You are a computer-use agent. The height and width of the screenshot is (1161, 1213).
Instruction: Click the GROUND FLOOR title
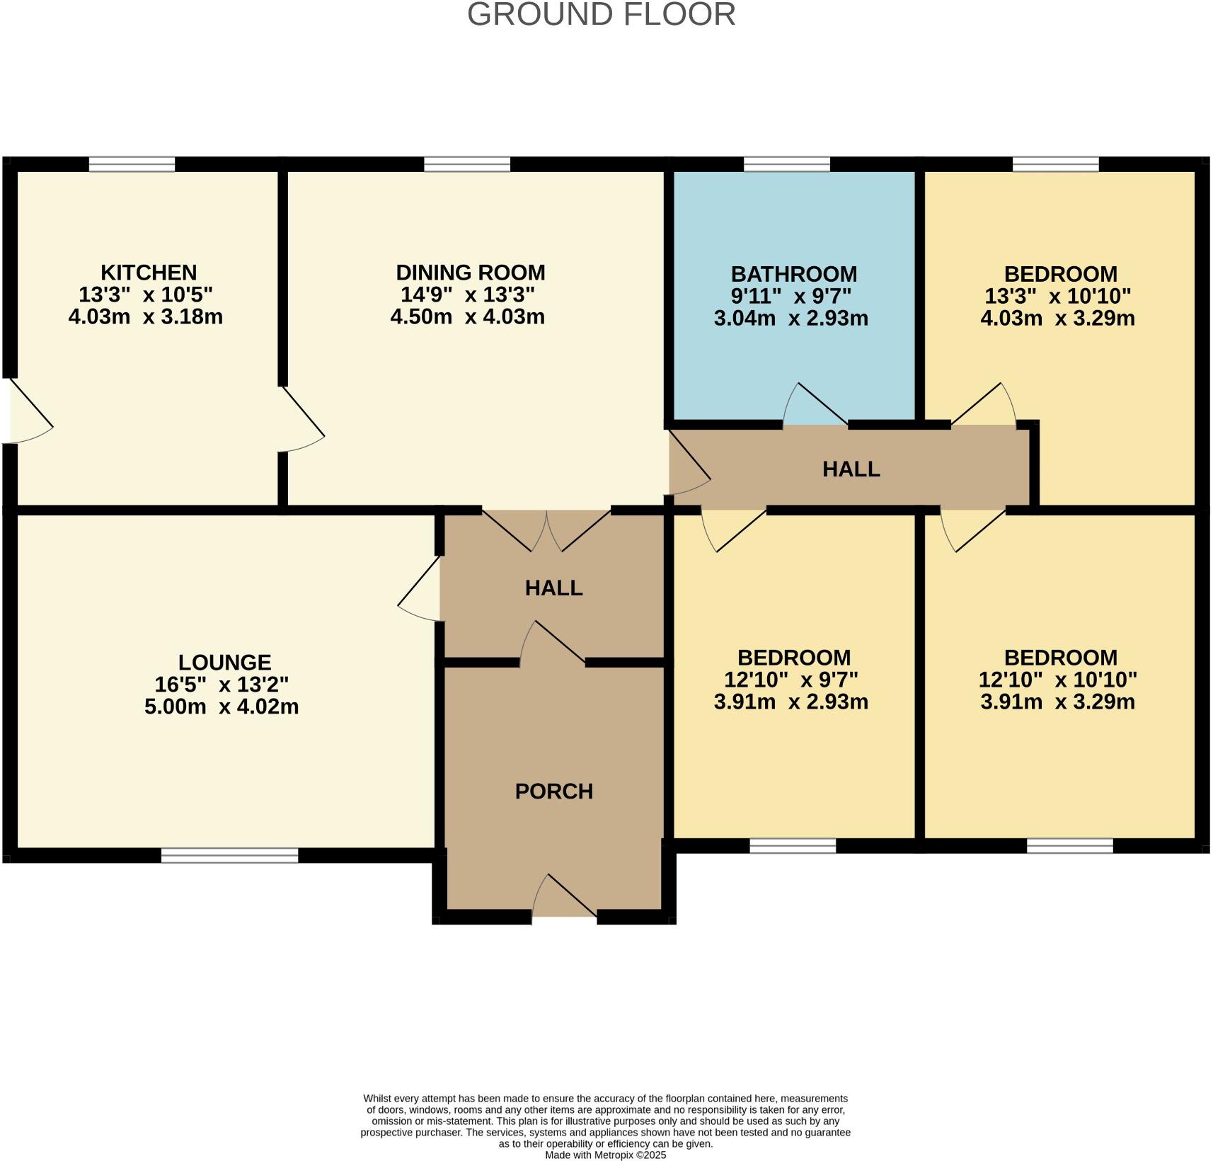pos(601,15)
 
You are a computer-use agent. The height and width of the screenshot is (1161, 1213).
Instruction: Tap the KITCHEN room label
pos(149,273)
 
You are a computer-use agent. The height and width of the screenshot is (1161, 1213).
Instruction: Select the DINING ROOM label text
pos(471,273)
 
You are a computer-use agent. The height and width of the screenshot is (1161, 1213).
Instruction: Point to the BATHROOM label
pos(793,274)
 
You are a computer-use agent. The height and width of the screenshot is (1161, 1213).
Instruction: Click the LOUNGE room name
pos(224,663)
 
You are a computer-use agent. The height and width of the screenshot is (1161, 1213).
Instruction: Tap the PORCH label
pos(554,791)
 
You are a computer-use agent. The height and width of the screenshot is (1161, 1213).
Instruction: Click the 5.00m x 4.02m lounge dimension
pos(222,707)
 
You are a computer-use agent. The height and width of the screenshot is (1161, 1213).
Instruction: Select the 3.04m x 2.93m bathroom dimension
pos(791,318)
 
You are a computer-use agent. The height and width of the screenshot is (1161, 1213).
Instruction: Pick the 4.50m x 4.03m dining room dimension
pos(468,316)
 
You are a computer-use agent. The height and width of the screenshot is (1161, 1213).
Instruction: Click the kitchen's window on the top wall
pos(132,164)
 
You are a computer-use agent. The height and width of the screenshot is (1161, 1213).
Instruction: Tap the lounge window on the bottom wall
pos(229,856)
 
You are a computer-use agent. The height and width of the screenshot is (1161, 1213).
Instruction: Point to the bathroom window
pos(787,164)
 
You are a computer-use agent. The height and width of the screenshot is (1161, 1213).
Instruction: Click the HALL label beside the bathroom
pos(851,469)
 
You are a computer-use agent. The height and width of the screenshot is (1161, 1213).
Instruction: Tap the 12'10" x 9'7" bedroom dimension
pos(791,680)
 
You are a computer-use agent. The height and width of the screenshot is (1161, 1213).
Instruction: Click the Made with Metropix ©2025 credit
pos(605,1155)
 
